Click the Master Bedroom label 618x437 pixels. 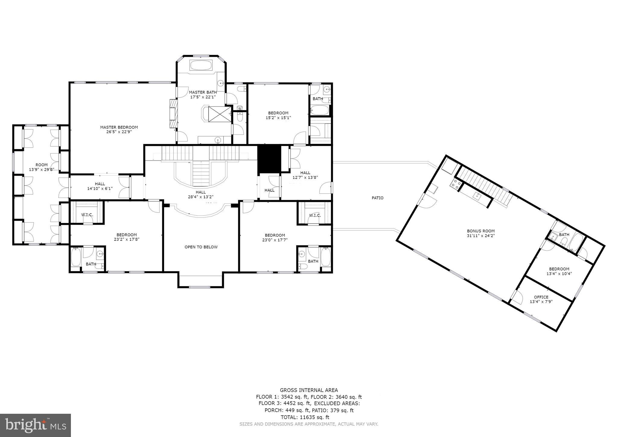[119, 127]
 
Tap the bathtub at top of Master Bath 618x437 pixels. [201, 65]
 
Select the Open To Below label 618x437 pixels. [201, 247]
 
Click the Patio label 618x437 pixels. [377, 198]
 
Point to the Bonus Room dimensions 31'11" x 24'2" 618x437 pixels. [481, 236]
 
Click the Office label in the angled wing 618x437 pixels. [541, 297]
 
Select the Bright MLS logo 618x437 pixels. [35, 426]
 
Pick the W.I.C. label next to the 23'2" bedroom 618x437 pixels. [87, 215]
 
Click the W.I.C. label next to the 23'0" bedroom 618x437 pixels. [315, 215]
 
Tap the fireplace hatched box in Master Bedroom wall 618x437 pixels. [173, 114]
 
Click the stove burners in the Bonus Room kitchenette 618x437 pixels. [455, 183]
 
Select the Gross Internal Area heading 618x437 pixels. [309, 390]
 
